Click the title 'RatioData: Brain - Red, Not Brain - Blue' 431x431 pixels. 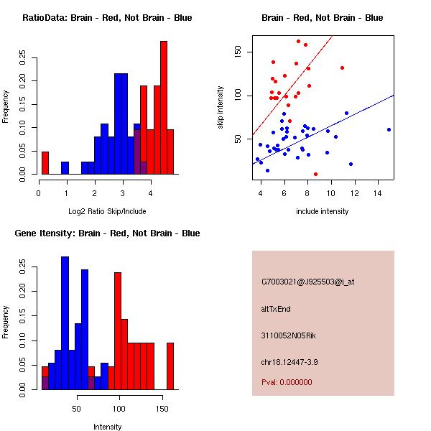[107, 18]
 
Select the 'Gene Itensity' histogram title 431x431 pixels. [107, 233]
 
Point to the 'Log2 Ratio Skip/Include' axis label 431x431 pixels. [106, 211]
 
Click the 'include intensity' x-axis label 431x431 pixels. [323, 211]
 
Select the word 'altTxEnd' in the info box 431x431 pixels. [276, 309]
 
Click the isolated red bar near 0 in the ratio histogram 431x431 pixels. [45, 163]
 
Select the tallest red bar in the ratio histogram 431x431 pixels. [163, 108]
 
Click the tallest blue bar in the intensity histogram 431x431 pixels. [65, 323]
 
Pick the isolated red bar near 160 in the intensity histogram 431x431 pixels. [170, 366]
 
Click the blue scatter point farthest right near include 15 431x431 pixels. [389, 129]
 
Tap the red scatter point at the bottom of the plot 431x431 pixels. [315, 174]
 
